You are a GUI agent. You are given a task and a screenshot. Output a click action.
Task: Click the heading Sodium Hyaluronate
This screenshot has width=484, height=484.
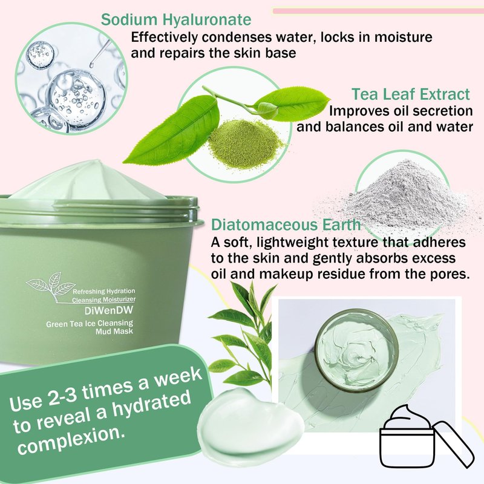pos(176,20)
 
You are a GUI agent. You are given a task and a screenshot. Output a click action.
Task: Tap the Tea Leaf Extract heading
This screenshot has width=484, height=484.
pos(411,94)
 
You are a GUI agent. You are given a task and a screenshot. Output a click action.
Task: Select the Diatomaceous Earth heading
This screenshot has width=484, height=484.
pos(286,224)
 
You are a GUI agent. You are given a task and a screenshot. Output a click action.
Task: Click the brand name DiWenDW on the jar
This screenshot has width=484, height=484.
pos(109,310)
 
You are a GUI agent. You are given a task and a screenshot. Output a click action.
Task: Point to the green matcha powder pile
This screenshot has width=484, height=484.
pos(246,144)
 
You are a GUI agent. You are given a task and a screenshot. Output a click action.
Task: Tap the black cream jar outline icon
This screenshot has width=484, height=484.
pos(426,437)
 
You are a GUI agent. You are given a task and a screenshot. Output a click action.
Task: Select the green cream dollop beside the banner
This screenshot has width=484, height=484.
pos(250,425)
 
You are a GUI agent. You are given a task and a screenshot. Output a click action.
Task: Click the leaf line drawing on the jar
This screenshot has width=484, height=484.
pos(51,286)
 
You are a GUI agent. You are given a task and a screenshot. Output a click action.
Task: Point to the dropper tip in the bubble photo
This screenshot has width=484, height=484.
pos(91,65)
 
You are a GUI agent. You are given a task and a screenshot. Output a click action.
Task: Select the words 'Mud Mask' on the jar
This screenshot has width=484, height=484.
pos(114,332)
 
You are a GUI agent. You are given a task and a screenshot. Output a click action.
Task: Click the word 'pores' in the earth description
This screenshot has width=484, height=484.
pos(451,274)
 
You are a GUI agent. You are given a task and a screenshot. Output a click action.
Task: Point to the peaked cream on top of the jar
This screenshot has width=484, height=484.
pos(87,180)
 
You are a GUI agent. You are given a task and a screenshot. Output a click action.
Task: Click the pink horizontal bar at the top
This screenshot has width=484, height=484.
pos(378,11)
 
